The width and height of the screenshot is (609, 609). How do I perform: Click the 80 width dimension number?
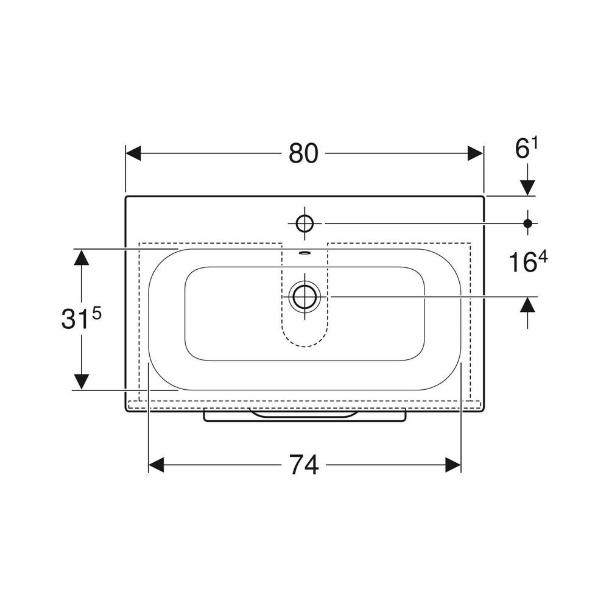coord(303,153)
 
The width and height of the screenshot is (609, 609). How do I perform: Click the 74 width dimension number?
coord(304,465)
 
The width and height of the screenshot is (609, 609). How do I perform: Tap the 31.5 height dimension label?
coord(82,319)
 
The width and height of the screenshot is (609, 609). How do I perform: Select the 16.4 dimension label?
coord(527,262)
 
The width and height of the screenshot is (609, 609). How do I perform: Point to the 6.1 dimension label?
coord(527,149)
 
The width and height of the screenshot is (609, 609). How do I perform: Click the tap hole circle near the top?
coord(304,224)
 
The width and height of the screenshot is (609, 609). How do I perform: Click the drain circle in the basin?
coord(304,297)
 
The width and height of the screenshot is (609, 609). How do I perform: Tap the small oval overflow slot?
coord(304,253)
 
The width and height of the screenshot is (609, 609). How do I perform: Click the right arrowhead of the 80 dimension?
coord(476,153)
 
